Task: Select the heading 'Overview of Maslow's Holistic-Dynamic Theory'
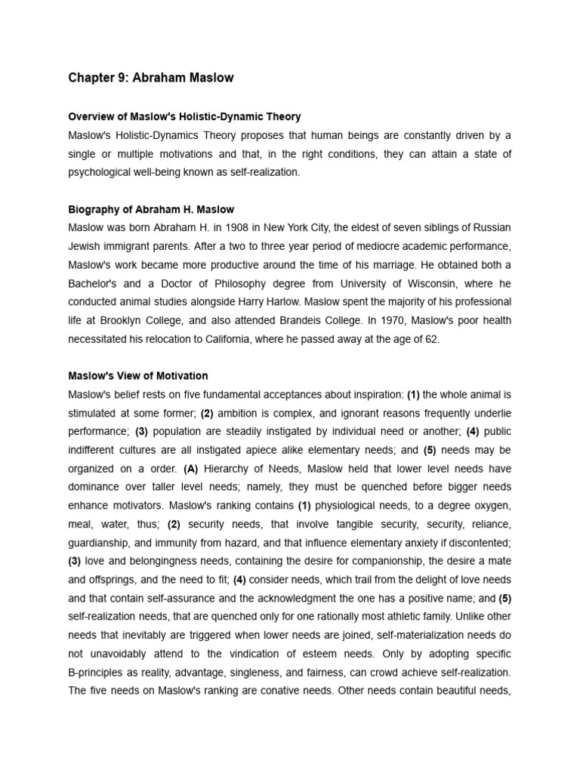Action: coord(184,117)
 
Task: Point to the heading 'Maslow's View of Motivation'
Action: coord(138,375)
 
